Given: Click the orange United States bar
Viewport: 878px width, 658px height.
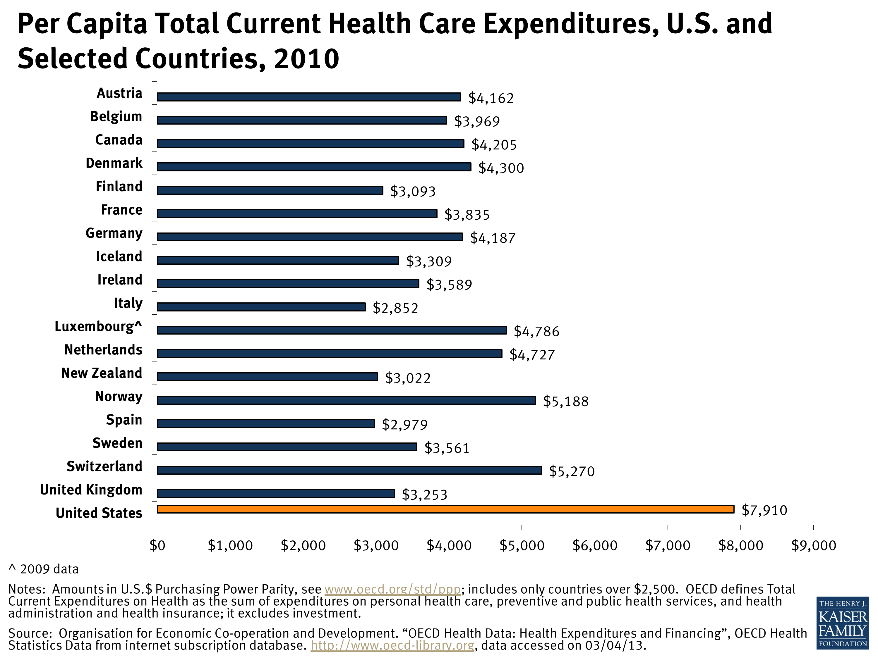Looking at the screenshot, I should point(445,509).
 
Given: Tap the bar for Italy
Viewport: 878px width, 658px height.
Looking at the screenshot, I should point(261,306).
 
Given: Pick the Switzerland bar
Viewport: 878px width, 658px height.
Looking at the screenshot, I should point(349,470).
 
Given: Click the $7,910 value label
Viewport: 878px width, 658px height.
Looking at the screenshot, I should point(764,510).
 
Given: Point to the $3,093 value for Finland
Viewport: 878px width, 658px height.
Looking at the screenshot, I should point(413,191).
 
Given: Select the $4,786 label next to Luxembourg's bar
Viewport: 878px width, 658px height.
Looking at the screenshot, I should point(536,331).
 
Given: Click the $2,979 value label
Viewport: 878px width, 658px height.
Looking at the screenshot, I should point(404,425).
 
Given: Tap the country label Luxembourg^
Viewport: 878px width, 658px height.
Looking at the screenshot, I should point(98,326).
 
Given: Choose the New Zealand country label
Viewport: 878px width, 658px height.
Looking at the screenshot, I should point(102,373).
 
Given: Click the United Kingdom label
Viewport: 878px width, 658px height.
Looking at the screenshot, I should point(91,490).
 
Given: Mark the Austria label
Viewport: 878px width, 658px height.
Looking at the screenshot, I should point(119,93).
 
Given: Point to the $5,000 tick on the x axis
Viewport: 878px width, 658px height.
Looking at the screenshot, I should point(522,545).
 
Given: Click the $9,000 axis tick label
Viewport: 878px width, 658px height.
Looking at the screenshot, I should point(813,545).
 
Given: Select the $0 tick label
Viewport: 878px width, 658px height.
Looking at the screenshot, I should point(157,545).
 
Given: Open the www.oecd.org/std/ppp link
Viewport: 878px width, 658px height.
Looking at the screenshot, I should point(392,589).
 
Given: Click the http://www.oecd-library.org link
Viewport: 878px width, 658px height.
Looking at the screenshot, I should point(392,645).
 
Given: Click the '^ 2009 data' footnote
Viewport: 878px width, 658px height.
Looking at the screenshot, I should point(44,569).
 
